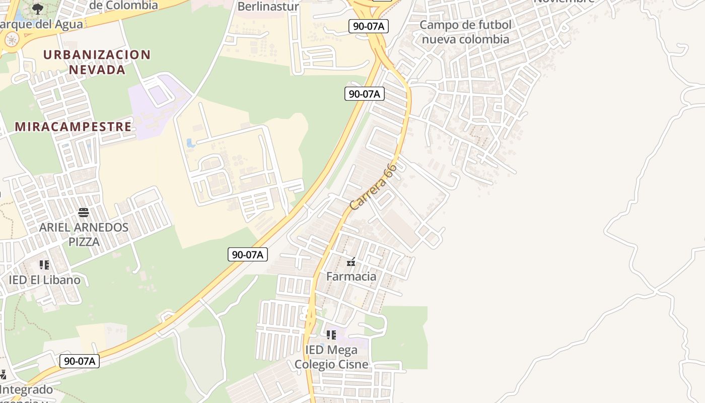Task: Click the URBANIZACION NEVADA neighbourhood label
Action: click(x=97, y=62)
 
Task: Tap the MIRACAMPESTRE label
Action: click(x=73, y=126)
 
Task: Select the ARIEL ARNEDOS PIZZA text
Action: click(x=84, y=234)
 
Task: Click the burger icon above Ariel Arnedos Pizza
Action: click(x=84, y=213)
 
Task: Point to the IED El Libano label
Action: click(x=44, y=280)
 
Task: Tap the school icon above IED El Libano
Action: click(x=44, y=265)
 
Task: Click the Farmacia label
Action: click(x=351, y=276)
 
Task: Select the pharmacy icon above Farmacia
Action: click(x=351, y=262)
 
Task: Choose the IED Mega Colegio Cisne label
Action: click(x=331, y=357)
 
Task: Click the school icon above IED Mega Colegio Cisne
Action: click(x=331, y=334)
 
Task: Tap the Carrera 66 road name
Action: click(x=373, y=187)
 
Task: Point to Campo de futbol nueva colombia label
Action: click(x=465, y=32)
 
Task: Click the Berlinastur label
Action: click(x=268, y=7)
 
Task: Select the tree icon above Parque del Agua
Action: click(x=38, y=8)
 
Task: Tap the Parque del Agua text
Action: click(x=41, y=24)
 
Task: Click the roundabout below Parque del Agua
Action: click(x=11, y=39)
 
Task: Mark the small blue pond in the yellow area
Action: click(x=191, y=143)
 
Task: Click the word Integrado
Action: click(x=26, y=389)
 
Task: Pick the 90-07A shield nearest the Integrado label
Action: click(x=80, y=361)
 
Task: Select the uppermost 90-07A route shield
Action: click(x=369, y=26)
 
